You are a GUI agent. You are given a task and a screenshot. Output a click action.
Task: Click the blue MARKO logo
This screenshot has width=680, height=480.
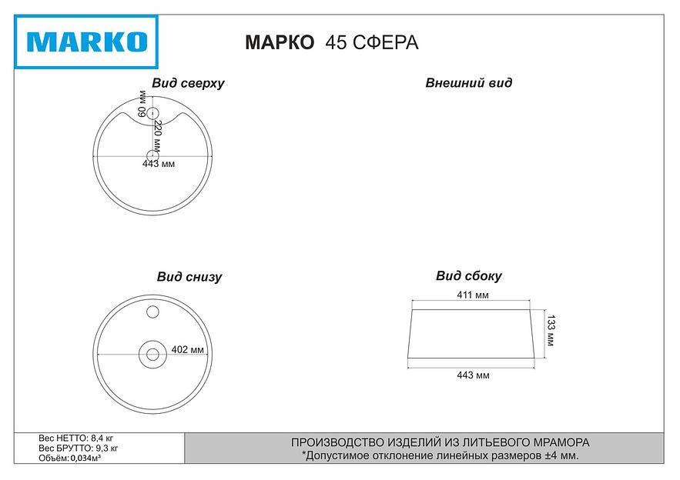tap(86, 41)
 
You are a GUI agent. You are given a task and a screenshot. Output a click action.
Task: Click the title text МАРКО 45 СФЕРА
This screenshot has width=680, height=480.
tap(331, 42)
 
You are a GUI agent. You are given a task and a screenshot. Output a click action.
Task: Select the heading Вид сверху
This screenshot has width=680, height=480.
tap(188, 83)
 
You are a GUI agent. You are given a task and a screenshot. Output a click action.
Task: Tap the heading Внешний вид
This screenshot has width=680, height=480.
tap(468, 83)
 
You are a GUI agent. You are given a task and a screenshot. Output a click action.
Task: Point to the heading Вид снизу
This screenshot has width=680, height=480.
tap(189, 277)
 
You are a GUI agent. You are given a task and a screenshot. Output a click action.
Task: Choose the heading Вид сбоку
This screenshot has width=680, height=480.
tap(468, 276)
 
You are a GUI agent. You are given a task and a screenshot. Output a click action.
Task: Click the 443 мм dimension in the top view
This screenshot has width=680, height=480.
tap(159, 164)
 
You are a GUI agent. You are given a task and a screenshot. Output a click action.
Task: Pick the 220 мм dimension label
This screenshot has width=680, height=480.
tap(157, 135)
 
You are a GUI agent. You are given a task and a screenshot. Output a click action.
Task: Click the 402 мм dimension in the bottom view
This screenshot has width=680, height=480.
tap(188, 349)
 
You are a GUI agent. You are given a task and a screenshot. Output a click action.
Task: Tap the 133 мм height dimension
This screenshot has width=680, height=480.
tap(551, 329)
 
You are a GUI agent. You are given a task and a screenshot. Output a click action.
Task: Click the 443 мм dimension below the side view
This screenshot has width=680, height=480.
tap(473, 375)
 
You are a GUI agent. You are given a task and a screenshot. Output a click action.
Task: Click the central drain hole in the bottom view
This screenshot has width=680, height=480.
tap(152, 355)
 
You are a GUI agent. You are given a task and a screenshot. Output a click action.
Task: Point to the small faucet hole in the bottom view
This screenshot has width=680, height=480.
tap(152, 312)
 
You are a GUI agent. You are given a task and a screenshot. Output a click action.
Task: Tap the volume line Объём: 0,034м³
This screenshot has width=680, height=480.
tap(70, 458)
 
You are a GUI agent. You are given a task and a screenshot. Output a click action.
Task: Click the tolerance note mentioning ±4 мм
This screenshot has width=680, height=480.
tap(440, 455)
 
